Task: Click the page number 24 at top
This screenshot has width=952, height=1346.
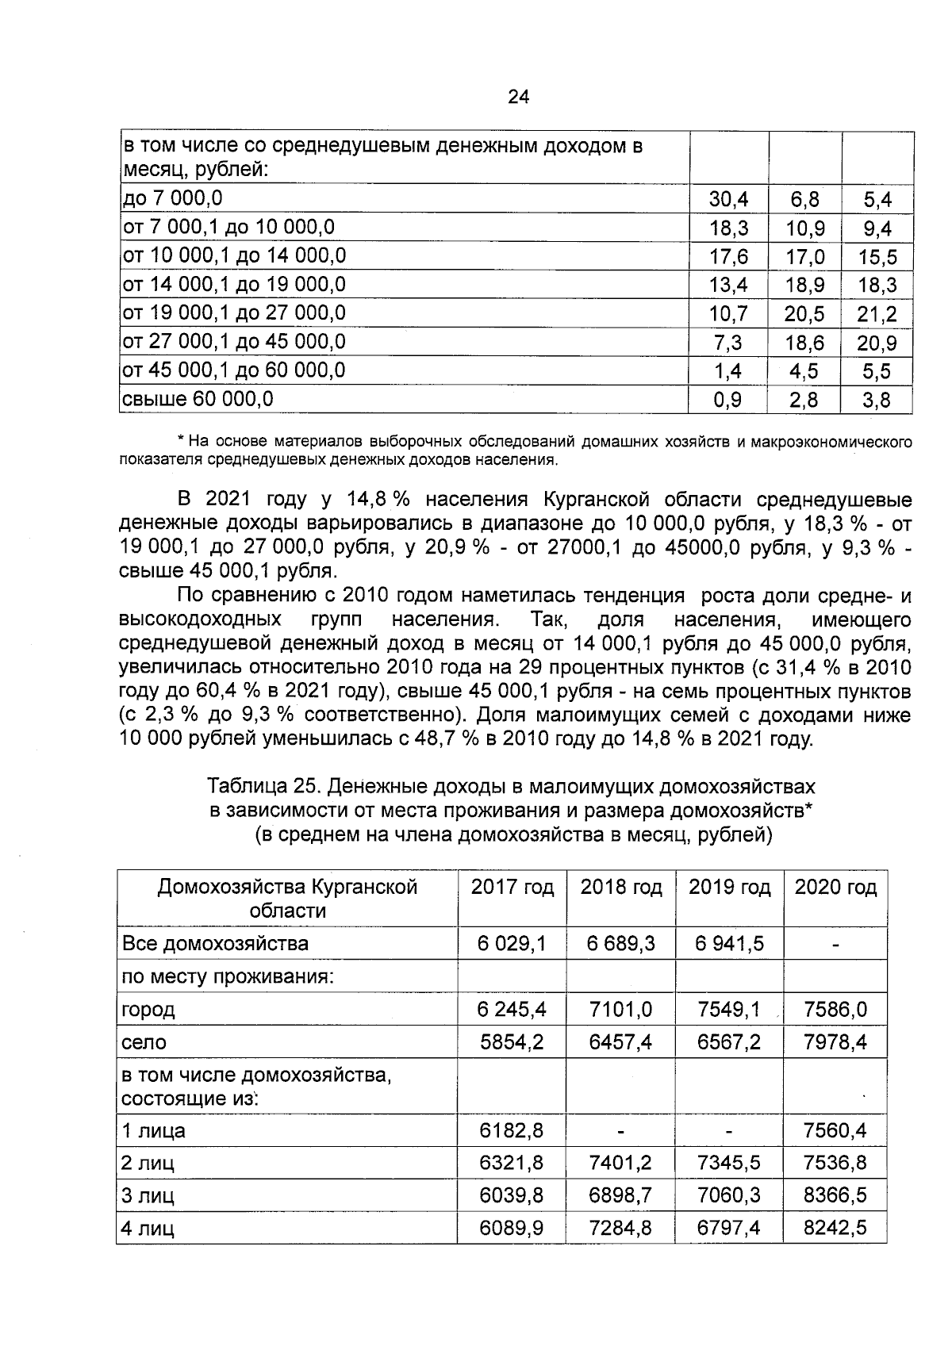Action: (x=518, y=97)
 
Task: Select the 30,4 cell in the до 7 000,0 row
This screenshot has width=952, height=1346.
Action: (x=727, y=199)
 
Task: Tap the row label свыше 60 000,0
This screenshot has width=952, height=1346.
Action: (x=197, y=399)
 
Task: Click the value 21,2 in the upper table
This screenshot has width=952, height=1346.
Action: (x=877, y=314)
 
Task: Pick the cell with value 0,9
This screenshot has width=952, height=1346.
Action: (x=727, y=400)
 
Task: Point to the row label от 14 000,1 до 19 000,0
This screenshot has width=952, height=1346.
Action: (x=233, y=284)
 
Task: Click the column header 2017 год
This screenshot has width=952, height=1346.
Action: (x=512, y=887)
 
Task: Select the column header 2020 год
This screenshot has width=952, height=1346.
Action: (x=835, y=887)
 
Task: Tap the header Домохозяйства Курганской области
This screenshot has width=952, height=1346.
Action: (x=287, y=898)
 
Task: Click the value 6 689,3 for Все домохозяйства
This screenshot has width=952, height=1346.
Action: (x=620, y=944)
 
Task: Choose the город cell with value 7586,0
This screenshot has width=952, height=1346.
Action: (x=835, y=1010)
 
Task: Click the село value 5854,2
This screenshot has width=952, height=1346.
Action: (x=512, y=1042)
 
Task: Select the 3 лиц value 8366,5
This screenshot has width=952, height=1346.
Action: (x=835, y=1195)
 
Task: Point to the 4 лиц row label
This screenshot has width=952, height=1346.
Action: (x=148, y=1229)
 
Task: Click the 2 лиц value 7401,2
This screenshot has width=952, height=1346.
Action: (x=620, y=1163)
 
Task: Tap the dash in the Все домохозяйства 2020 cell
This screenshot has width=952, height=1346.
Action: (x=835, y=945)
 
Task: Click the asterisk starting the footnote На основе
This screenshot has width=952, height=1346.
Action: (x=181, y=441)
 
